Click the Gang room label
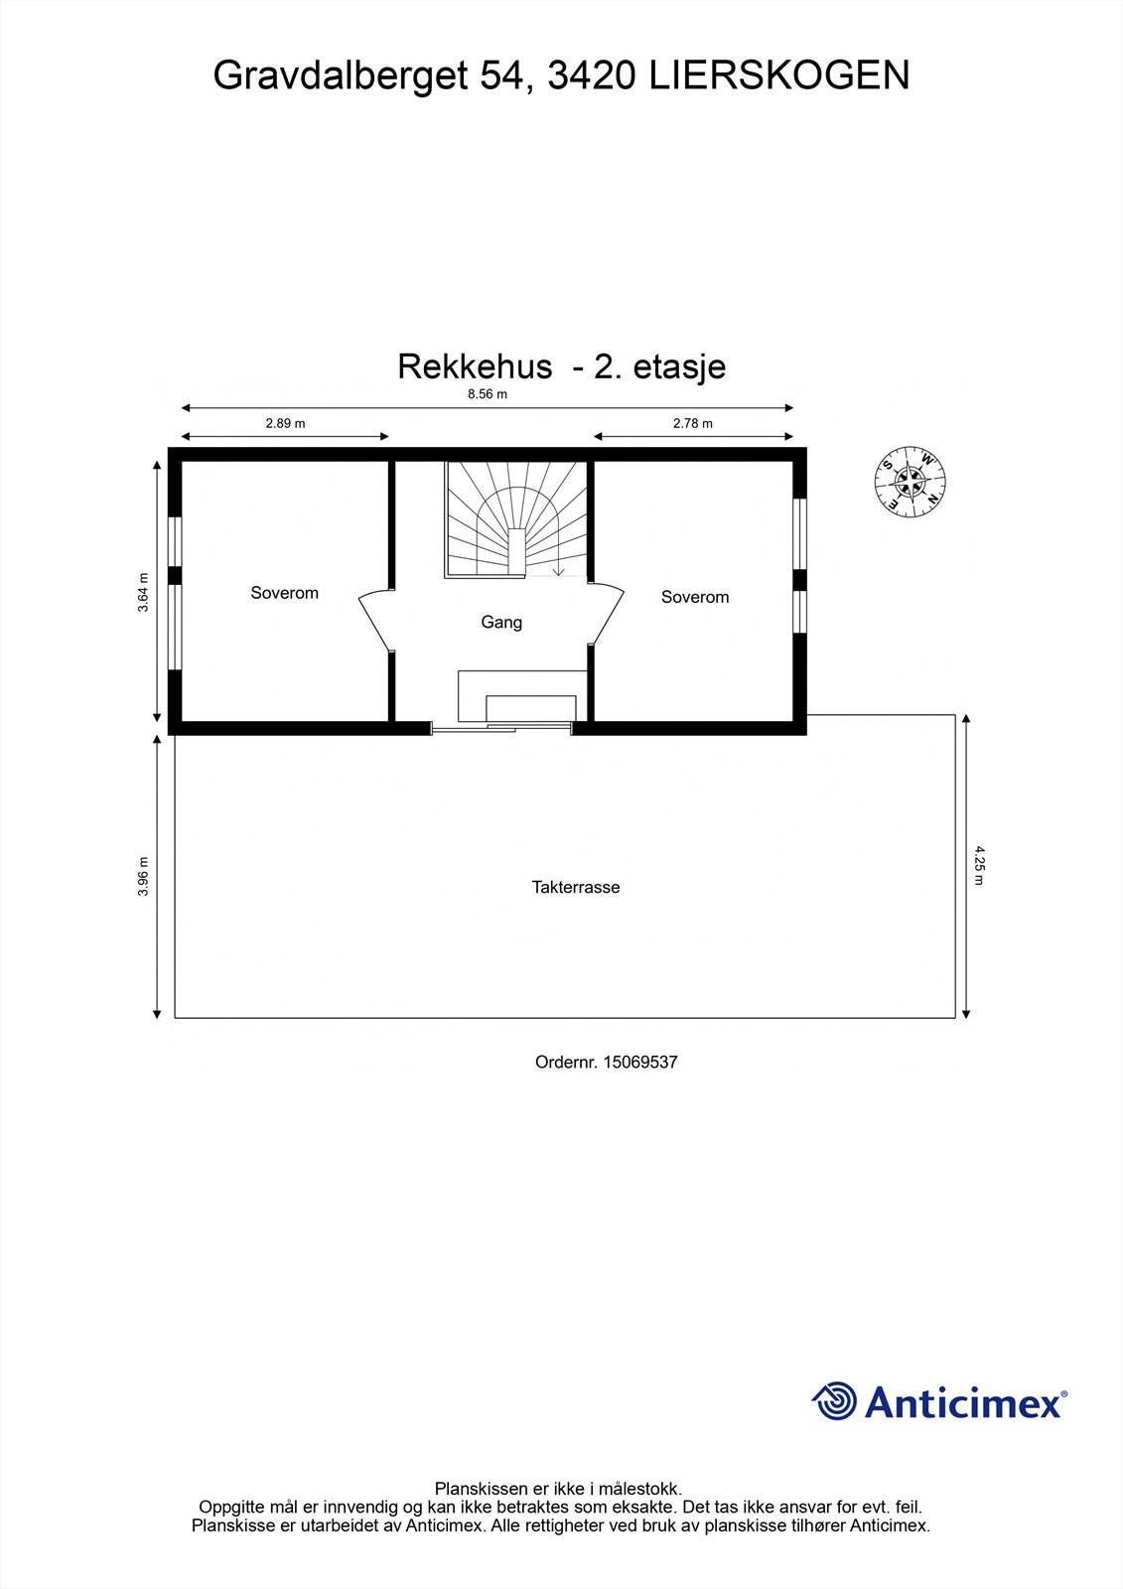tap(501, 623)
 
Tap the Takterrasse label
tap(576, 888)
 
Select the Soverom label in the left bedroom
tap(285, 593)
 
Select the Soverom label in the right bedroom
tap(695, 597)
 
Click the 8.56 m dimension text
tap(487, 393)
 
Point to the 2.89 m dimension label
tap(285, 423)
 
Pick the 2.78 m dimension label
tap(693, 423)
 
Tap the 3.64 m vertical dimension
tap(144, 593)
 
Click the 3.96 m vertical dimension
tap(144, 876)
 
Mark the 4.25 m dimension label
tap(978, 865)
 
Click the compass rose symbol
tap(910, 483)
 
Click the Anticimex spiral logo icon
tap(834, 1401)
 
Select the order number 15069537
tap(639, 1062)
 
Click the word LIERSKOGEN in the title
tap(779, 75)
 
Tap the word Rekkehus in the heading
tap(475, 366)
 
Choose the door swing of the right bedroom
tap(607, 616)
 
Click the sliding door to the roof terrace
tap(501, 730)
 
